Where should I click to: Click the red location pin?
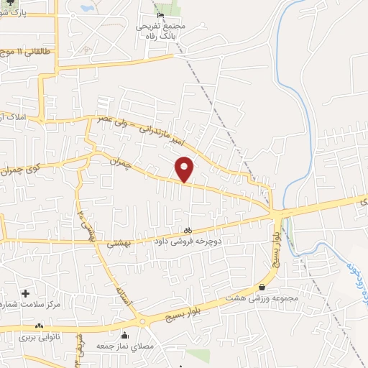(x=185, y=168)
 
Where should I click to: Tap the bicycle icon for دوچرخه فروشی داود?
(x=188, y=231)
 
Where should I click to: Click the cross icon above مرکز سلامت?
(x=26, y=293)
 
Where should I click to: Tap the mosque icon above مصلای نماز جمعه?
(x=125, y=335)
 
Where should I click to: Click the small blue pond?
(x=88, y=9)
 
